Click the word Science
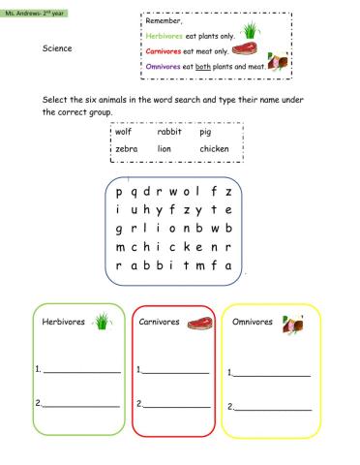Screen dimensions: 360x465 [57, 46]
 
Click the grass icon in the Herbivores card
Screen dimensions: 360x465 [103, 321]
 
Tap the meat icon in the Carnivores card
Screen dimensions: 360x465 [198, 322]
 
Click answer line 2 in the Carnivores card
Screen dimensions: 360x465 [176, 405]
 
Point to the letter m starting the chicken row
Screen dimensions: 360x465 [118, 246]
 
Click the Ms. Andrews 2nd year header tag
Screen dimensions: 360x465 [29, 7]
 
